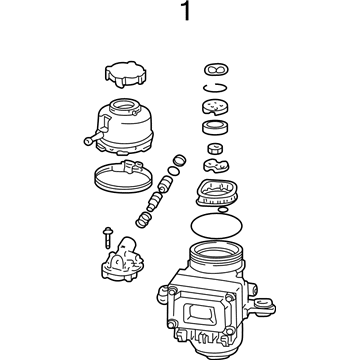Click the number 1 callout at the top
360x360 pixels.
[x=186, y=11]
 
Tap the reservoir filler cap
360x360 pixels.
[x=126, y=74]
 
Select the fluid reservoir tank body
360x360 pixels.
[x=125, y=127]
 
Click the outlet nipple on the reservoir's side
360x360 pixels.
[x=92, y=139]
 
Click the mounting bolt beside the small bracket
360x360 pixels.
[x=108, y=237]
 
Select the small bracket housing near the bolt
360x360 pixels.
[x=123, y=260]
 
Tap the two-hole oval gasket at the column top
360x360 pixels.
[x=216, y=70]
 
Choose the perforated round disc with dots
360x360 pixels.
[x=216, y=106]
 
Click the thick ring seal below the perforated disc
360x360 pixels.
[x=215, y=127]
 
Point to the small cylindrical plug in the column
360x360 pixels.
[x=215, y=148]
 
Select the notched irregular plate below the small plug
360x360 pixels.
[x=217, y=166]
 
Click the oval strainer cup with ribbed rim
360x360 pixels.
[x=216, y=193]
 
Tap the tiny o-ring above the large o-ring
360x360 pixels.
[x=223, y=209]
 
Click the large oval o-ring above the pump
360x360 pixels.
[x=217, y=225]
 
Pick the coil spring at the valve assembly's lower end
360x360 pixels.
[x=144, y=220]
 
